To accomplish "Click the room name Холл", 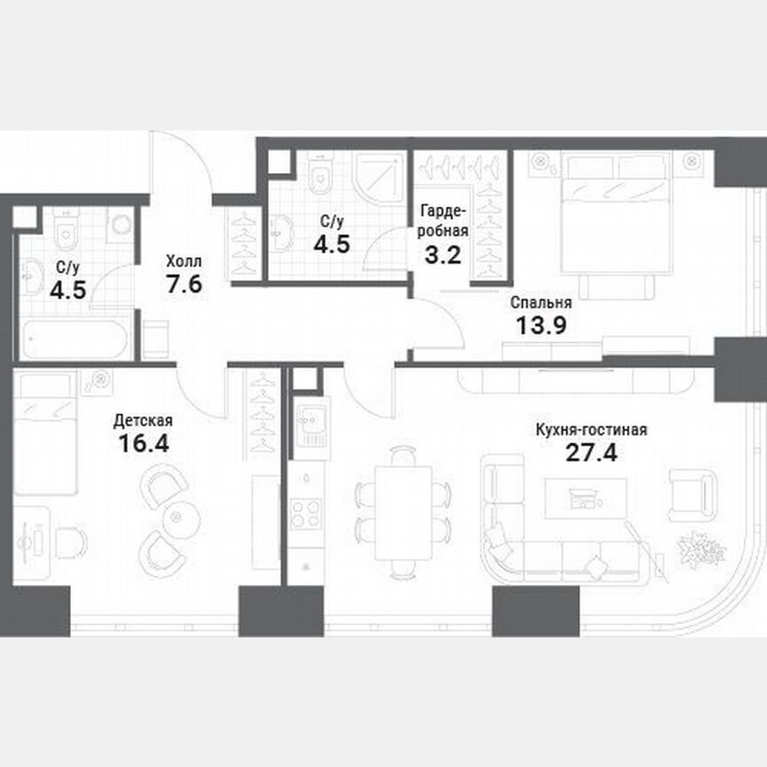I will pos(184,262).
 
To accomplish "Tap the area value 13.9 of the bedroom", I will pos(542,324).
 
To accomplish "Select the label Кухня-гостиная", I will pos(591,431).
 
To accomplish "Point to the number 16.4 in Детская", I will pos(143,442).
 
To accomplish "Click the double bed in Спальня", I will pos(618,222).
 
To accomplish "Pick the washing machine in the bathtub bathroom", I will pos(120,226).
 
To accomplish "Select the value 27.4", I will pos(591,454).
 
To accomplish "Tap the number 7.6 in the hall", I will pos(184,287).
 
